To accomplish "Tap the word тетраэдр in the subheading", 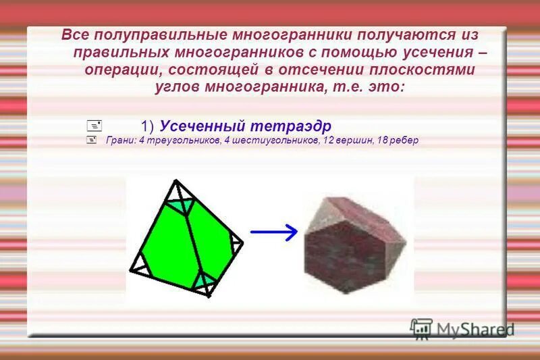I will coord(292,126).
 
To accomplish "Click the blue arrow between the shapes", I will coord(273,232).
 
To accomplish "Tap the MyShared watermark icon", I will coord(421,329).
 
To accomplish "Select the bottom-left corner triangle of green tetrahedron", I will coord(140,267).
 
